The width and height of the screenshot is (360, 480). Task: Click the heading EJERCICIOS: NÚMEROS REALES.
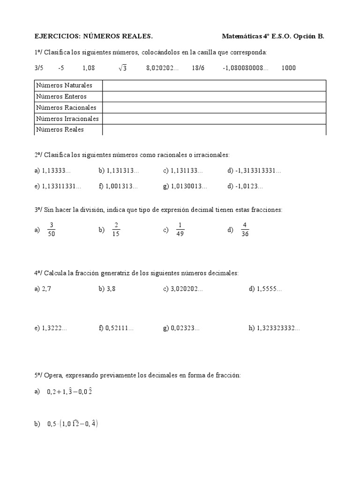point(94,36)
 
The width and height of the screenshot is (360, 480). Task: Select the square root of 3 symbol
point(123,68)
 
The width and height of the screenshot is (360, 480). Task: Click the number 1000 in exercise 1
point(289,68)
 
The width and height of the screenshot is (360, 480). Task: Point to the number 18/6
point(198,68)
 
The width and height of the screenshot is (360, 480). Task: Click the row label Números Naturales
point(64,85)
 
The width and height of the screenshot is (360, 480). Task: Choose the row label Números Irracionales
point(67,119)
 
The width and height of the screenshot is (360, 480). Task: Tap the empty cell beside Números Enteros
point(214,97)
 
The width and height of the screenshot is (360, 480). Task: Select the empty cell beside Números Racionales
point(214,107)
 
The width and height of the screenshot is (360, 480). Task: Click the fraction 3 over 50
point(52,229)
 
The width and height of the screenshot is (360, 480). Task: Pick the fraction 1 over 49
point(180,229)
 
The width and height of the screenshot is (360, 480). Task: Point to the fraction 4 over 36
point(244,229)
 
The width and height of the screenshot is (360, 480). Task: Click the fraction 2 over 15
point(116,229)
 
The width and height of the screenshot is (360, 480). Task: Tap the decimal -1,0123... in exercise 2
point(249,186)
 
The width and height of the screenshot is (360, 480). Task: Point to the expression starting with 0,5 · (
point(72,424)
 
